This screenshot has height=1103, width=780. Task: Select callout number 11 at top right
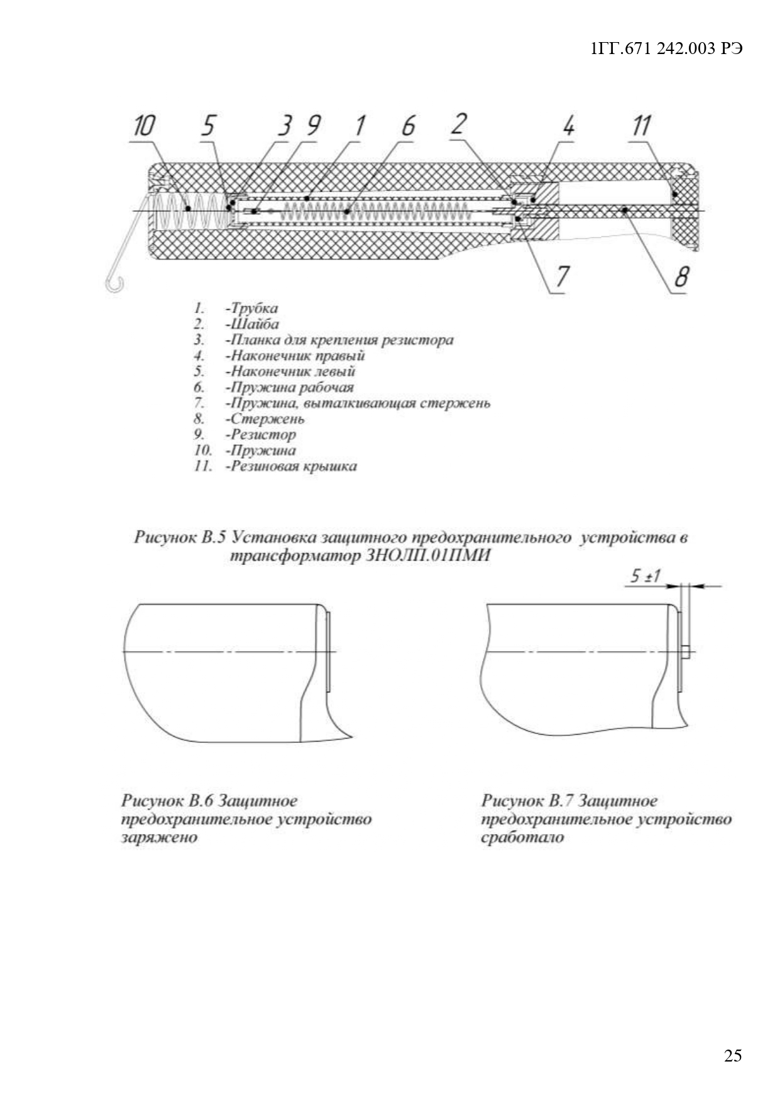point(642,127)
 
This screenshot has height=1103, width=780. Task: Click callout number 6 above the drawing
point(409,127)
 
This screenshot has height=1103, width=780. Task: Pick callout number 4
point(568,127)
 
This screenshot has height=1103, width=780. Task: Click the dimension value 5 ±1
point(645,576)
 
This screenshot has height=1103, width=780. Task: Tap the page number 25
point(733,1055)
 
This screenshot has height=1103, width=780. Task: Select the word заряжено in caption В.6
point(159,837)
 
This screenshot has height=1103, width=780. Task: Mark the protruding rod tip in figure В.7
point(686,651)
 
